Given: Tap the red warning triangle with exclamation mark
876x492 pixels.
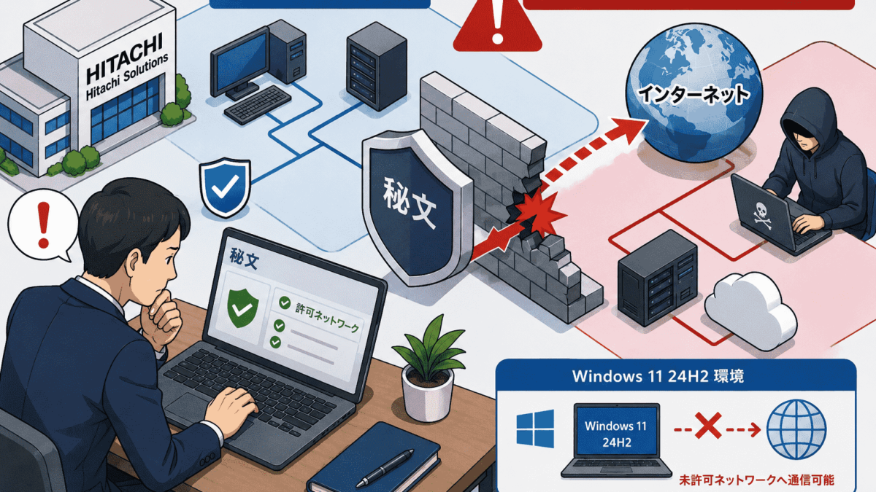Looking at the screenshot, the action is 497,26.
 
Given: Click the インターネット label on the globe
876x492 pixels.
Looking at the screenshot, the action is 693,95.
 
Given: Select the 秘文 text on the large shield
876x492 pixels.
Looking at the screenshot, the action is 410,203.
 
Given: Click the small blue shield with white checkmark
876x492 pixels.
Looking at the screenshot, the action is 225,187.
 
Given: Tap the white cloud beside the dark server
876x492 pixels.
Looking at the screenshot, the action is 750,311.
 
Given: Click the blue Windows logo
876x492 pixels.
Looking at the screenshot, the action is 535,429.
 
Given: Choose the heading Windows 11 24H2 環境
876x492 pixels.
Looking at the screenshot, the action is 658,376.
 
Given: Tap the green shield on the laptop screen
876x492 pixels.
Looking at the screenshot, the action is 243,308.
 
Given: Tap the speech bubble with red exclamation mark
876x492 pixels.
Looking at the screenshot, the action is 42,225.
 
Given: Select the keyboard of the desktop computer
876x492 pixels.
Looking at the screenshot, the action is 258,105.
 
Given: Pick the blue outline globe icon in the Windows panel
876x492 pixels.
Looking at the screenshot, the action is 796,429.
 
